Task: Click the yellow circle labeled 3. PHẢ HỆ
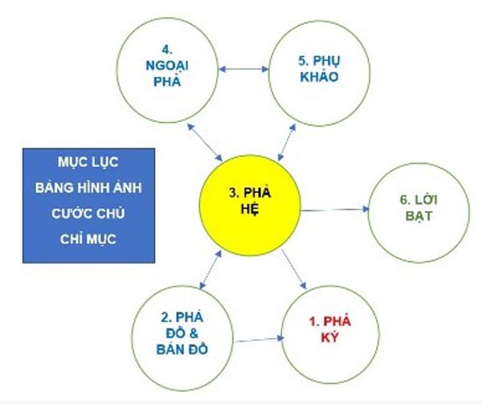250,206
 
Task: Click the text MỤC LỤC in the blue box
88,162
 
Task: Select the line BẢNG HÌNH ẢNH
88,187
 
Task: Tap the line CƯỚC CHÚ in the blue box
88,213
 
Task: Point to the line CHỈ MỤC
88,239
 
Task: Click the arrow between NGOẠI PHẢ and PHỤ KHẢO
243,69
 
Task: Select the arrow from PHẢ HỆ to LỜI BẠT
334,210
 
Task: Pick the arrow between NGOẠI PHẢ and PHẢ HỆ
205,142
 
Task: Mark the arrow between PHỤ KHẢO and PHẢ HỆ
287,142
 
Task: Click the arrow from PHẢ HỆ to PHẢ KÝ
294,269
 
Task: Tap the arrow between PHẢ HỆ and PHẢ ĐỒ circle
210,269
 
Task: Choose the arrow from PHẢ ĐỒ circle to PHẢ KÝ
259,340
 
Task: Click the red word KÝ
329,337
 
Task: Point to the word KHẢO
319,76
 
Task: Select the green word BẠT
419,216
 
